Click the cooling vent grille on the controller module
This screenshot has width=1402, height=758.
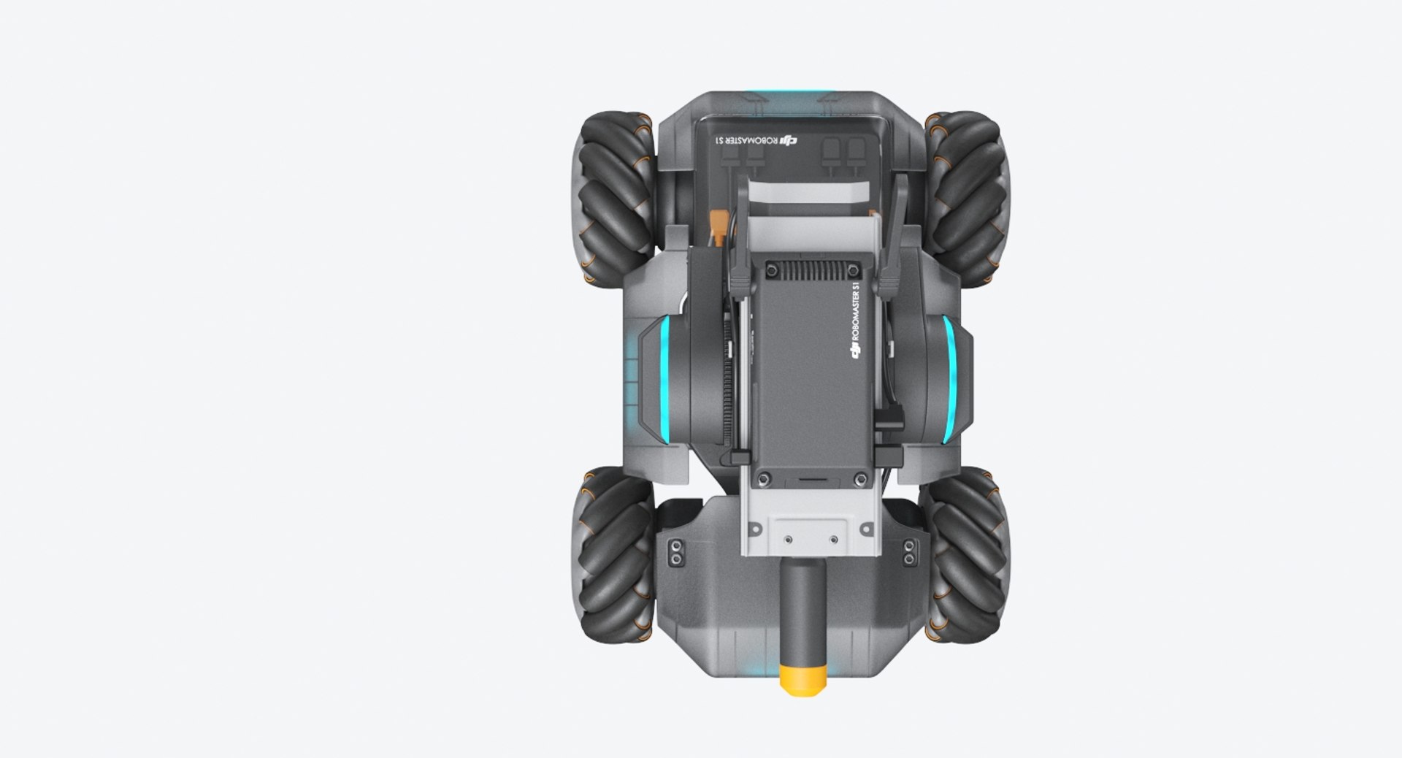pos(811,271)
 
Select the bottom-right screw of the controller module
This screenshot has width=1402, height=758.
pos(860,479)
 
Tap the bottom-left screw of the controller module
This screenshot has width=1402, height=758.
pos(764,479)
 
